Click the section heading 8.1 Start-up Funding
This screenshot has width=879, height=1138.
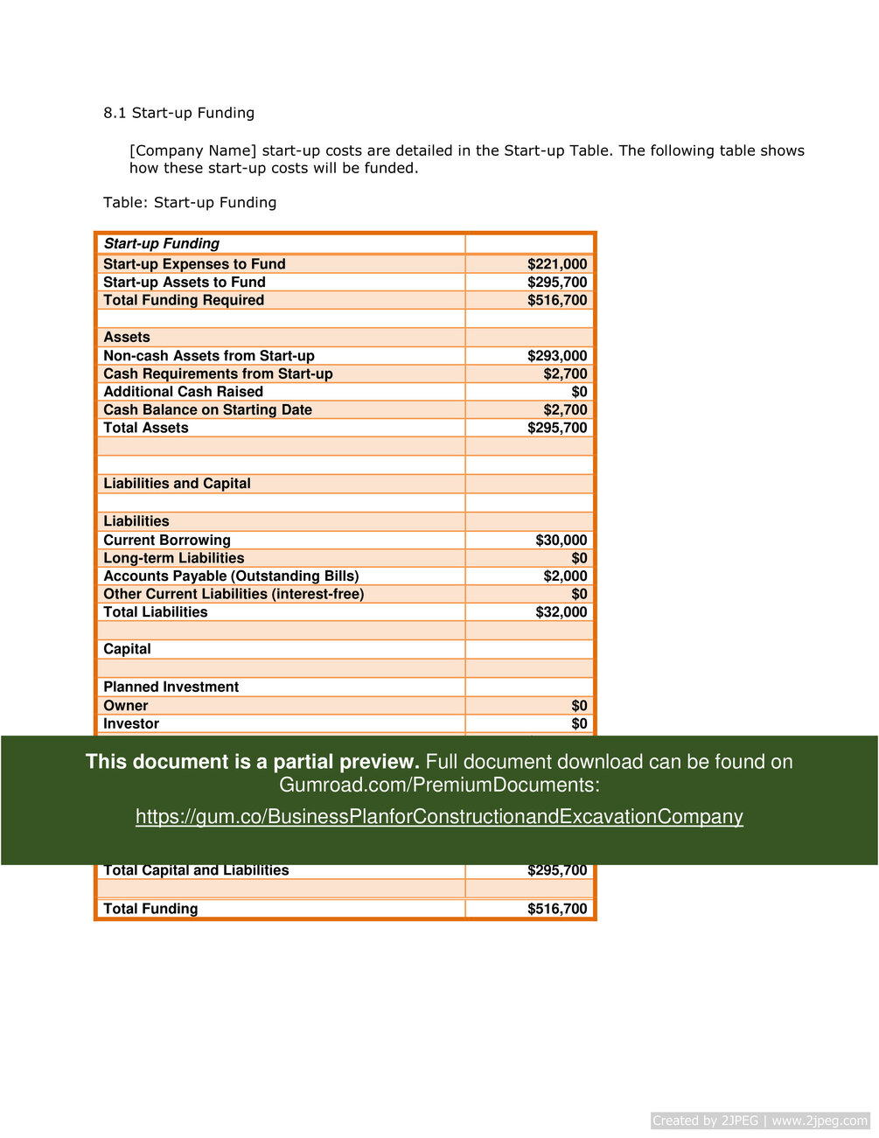click(178, 113)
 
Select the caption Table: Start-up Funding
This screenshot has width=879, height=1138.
click(190, 203)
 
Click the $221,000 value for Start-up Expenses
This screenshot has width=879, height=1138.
click(557, 264)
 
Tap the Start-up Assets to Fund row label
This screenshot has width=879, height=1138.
click(185, 283)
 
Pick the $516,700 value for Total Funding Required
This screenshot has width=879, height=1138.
click(557, 300)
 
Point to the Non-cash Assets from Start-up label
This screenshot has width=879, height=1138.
click(209, 356)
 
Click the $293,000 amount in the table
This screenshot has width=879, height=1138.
click(557, 356)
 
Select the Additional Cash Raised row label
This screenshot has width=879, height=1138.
click(184, 392)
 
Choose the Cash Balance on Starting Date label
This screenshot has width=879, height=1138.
click(208, 410)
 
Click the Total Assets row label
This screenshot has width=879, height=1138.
click(146, 428)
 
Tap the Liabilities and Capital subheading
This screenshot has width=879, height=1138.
click(177, 484)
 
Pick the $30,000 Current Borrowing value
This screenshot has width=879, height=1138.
click(562, 541)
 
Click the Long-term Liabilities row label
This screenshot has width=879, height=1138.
click(174, 558)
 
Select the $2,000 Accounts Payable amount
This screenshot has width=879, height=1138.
click(565, 576)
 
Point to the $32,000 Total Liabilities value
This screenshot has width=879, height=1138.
click(562, 612)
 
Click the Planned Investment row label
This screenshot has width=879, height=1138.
click(171, 688)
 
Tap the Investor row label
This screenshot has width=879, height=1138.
click(131, 724)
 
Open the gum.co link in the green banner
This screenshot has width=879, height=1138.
click(439, 817)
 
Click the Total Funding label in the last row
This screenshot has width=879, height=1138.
click(150, 909)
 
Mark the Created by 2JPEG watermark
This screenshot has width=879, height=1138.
click(760, 1121)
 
